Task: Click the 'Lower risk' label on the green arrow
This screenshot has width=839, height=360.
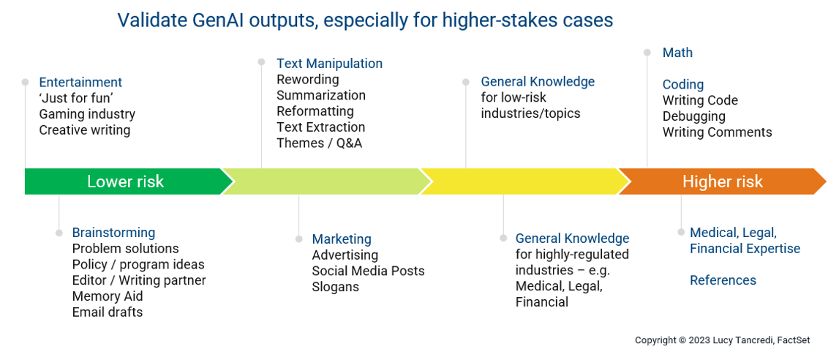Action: click(125, 182)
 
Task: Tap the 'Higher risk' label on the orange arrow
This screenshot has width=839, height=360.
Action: click(723, 182)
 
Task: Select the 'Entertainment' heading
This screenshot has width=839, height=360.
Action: click(80, 83)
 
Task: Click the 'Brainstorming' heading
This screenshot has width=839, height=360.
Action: click(113, 233)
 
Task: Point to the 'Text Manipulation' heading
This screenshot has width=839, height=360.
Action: click(330, 64)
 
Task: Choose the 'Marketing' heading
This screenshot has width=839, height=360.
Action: click(342, 239)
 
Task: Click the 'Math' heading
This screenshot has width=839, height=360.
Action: click(677, 53)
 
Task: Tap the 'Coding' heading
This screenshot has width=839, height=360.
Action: click(682, 85)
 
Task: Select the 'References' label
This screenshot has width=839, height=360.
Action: click(723, 280)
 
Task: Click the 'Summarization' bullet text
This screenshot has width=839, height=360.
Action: click(321, 95)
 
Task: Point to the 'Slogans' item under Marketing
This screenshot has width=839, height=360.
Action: click(336, 287)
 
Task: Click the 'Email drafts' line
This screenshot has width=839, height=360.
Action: click(108, 312)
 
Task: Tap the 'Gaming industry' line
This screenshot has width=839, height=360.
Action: click(87, 114)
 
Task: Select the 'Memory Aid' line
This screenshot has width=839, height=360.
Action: click(108, 296)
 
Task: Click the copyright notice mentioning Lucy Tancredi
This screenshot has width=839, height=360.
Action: click(723, 340)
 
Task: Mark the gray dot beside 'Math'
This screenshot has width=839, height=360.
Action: click(647, 53)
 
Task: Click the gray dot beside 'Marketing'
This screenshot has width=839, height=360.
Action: click(298, 239)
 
